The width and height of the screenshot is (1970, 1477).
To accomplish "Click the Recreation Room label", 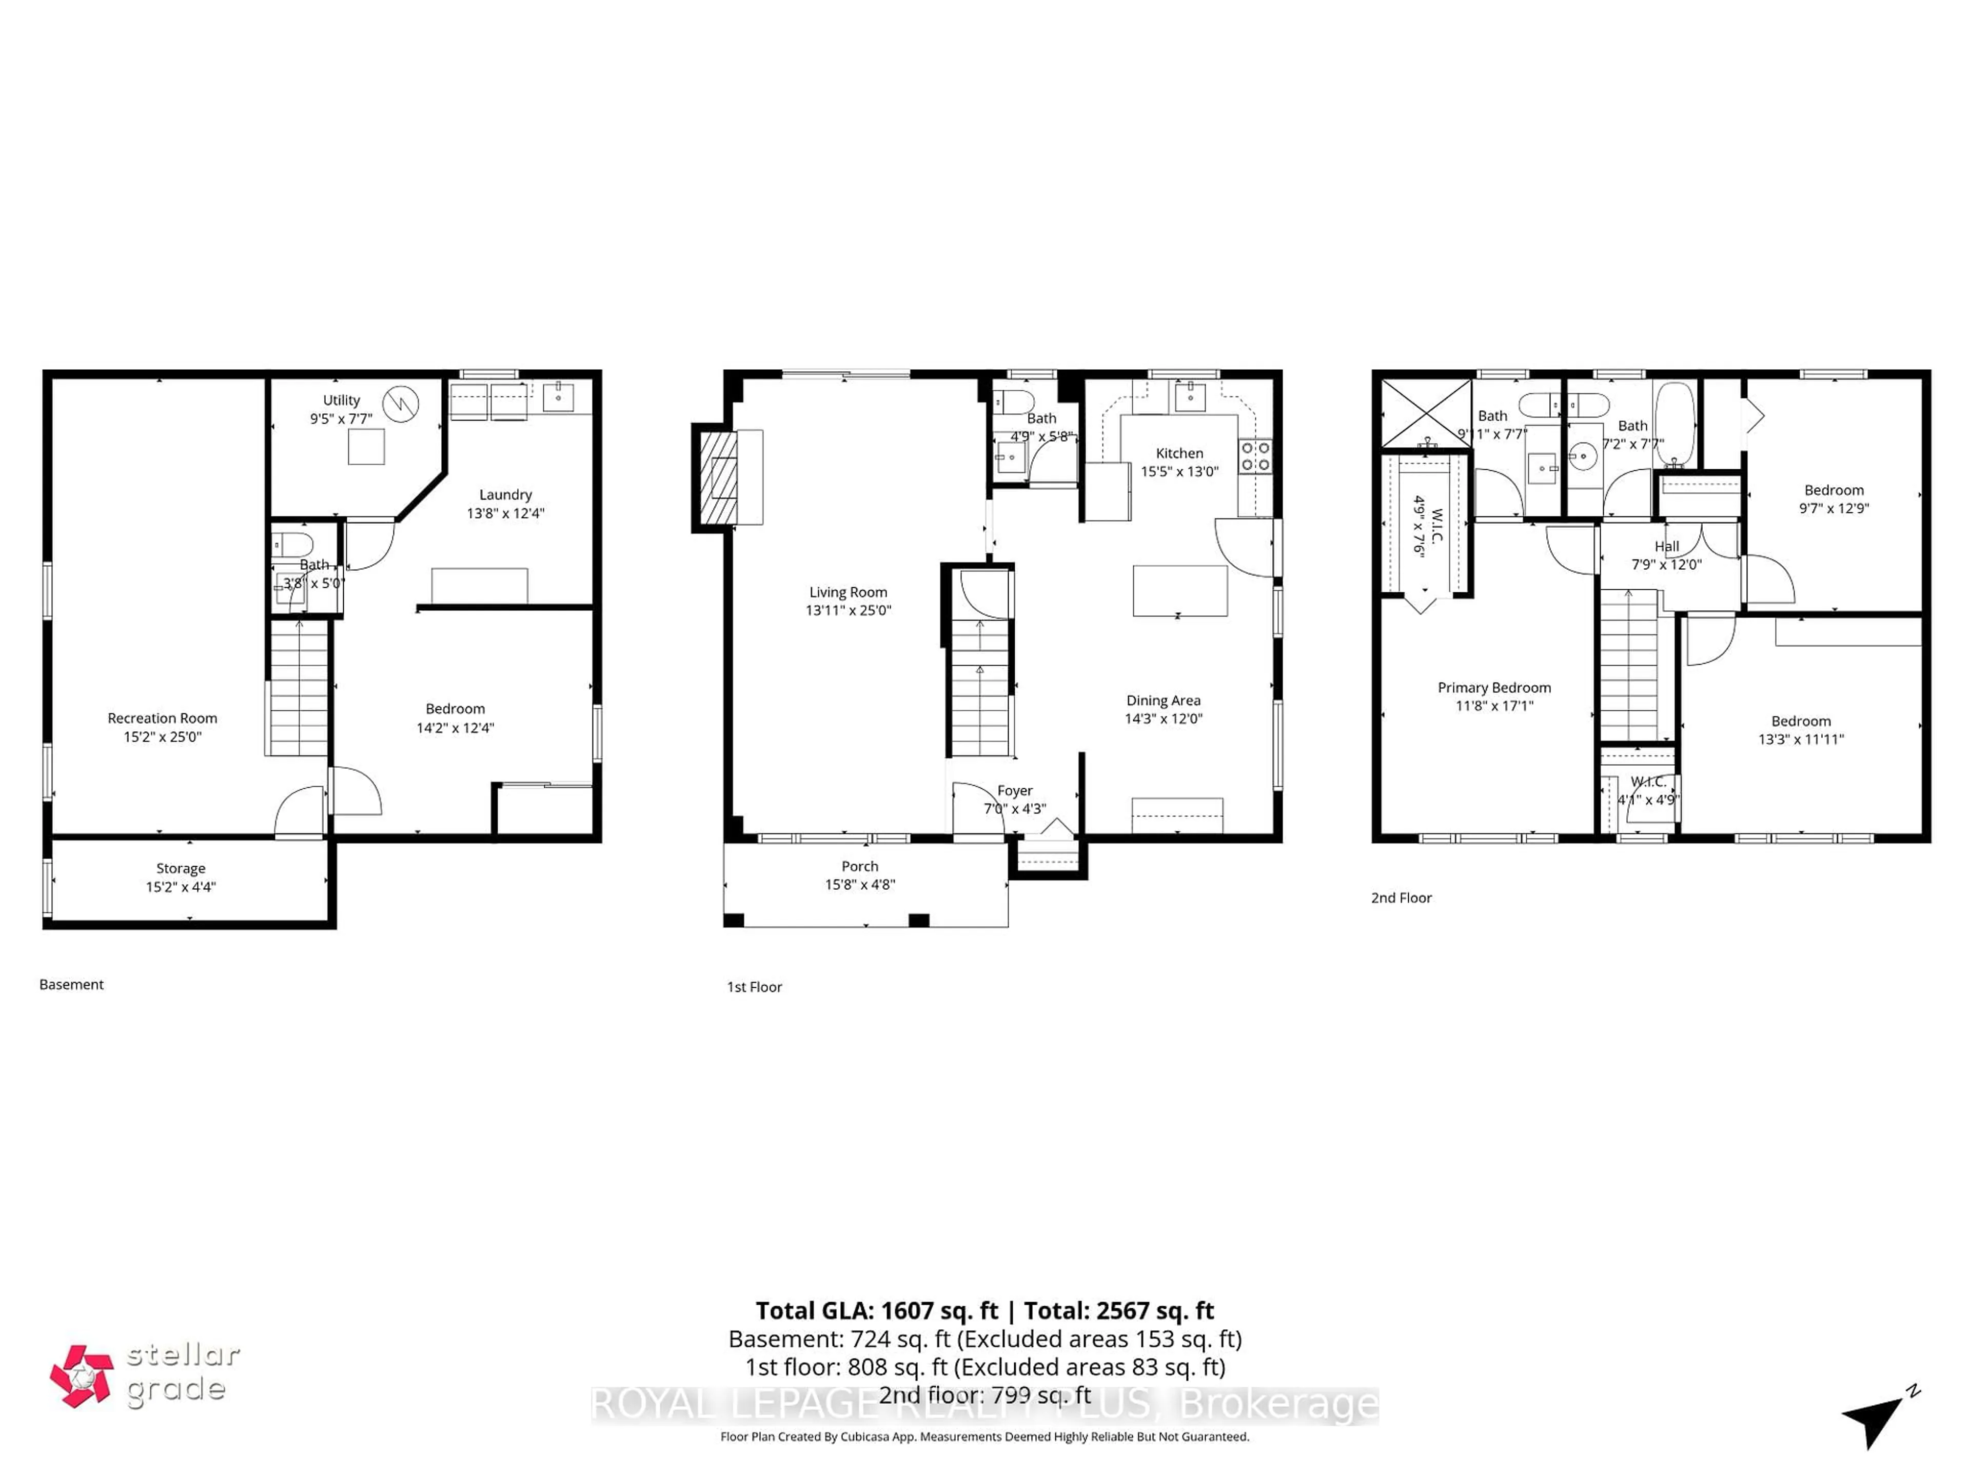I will coord(162,717).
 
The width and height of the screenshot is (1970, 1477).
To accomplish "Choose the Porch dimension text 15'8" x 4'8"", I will coord(859,884).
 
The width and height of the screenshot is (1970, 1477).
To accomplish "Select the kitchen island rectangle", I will coord(1179,590).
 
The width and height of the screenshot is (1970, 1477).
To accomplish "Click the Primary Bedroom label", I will coord(1493,687).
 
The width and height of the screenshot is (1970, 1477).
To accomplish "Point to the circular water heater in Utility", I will coord(401,403).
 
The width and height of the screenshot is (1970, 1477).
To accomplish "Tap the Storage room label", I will coord(181,868).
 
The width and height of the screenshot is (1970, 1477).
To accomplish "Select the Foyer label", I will coord(1014,791).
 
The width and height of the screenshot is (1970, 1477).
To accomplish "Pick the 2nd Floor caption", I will coord(1401,897).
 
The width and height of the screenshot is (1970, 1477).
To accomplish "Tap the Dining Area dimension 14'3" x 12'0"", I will coord(1163,718).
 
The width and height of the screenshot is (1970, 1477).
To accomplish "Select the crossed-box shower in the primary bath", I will coord(1426,413).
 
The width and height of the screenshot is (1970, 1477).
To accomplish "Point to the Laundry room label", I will coord(505,494).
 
